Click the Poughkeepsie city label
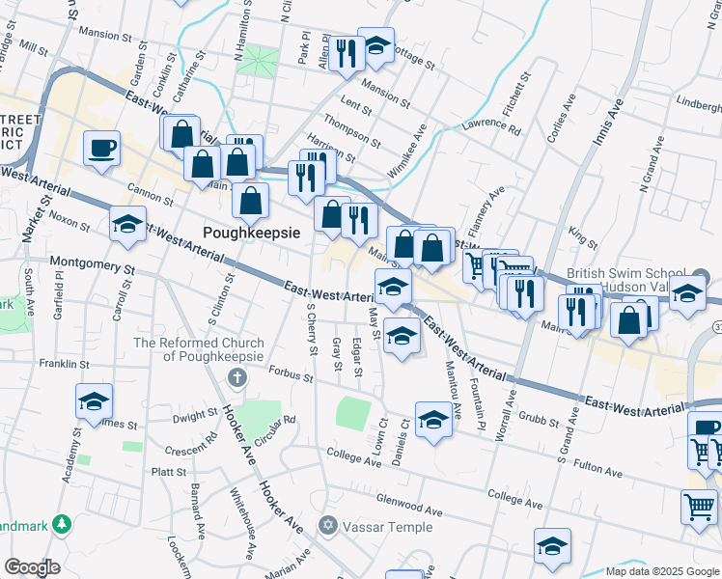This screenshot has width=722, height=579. point(252,232)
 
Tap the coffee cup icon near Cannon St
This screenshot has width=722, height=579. point(101,148)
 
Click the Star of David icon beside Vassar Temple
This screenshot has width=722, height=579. point(326,526)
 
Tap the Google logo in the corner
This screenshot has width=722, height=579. point(31,567)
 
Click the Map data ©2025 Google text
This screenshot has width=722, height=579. point(661,571)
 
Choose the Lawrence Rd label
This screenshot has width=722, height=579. point(490,125)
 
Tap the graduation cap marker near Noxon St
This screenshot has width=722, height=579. point(127,225)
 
